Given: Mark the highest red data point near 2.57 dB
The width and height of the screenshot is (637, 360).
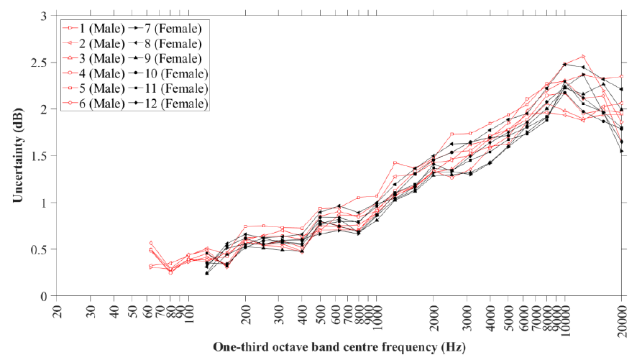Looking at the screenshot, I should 583,56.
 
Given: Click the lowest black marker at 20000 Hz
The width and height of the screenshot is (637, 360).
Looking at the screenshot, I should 621,151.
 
